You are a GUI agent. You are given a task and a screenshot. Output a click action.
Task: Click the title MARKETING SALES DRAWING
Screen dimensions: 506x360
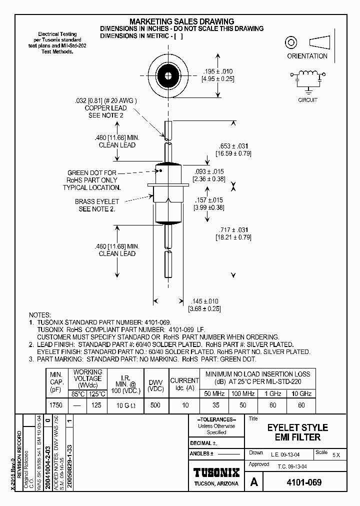click(x=181, y=21)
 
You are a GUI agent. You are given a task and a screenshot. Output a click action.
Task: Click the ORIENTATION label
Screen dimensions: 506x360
click(x=307, y=56)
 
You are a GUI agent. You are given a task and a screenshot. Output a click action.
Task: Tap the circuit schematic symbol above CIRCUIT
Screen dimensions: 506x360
click(x=307, y=80)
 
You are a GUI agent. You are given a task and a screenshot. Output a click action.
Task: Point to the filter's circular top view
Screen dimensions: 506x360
click(x=167, y=77)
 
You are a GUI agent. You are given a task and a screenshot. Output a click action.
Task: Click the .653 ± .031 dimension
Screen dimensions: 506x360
click(x=232, y=145)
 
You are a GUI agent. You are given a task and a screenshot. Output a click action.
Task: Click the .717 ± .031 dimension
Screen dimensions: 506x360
click(x=233, y=230)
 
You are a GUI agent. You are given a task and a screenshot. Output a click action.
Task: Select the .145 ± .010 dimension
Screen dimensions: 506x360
click(x=204, y=301)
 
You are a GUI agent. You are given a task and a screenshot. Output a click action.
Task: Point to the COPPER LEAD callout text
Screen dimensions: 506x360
click(x=105, y=108)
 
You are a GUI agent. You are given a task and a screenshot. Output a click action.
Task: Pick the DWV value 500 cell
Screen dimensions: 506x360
click(x=155, y=405)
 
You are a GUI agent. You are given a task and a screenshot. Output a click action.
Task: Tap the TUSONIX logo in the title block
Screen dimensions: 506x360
click(x=216, y=472)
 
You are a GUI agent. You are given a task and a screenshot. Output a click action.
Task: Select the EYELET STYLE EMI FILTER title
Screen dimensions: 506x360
click(x=297, y=432)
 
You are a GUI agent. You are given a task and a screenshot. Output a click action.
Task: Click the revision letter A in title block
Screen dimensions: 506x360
click(x=254, y=483)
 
